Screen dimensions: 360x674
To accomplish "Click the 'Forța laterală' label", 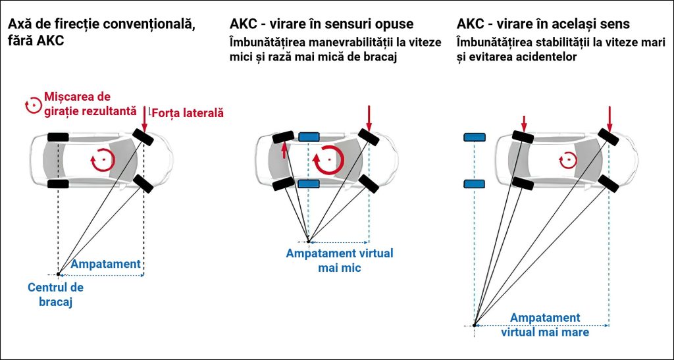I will click(x=189, y=113).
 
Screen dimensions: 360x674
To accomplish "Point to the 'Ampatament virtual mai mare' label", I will click(x=545, y=325).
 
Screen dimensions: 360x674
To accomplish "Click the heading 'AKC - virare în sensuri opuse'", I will click(x=322, y=24).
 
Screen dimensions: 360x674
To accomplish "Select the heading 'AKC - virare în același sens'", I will click(x=543, y=24).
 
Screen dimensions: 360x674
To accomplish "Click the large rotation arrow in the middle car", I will click(x=327, y=160).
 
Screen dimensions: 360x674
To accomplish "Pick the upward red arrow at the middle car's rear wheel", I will click(x=284, y=152).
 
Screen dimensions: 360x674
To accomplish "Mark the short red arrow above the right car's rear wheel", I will click(x=524, y=122).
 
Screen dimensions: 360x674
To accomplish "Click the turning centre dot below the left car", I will click(x=59, y=274).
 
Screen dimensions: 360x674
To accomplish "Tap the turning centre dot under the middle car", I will click(x=307, y=241).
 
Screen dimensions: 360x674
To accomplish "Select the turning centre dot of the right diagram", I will click(x=474, y=324).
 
